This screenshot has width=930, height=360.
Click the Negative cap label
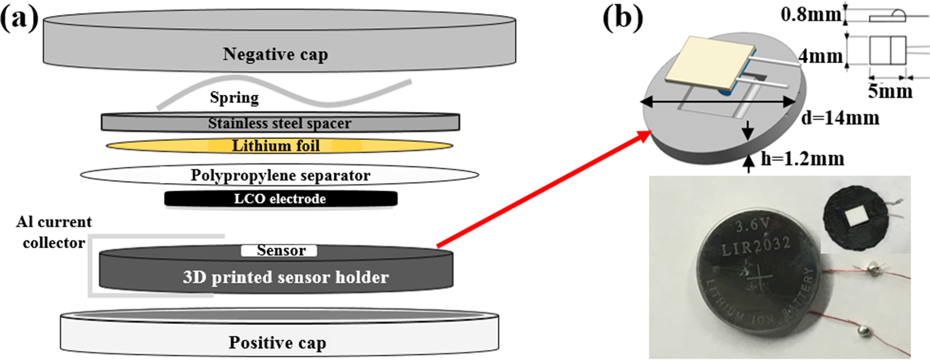275,54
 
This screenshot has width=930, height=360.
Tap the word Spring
234,97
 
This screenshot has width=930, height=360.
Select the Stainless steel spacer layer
280,123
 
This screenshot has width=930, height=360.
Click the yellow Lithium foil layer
276,146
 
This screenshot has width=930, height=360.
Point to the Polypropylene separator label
280,175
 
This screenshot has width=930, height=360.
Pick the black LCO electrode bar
280,199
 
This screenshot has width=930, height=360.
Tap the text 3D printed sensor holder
285,277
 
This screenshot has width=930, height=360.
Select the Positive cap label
277,343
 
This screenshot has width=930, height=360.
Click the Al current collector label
54,232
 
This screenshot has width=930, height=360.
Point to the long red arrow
541,189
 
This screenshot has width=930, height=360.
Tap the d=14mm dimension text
840,118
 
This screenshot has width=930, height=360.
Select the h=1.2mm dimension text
803,159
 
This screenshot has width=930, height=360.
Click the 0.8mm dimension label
810,14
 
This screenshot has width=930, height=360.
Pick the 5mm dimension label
889,91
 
